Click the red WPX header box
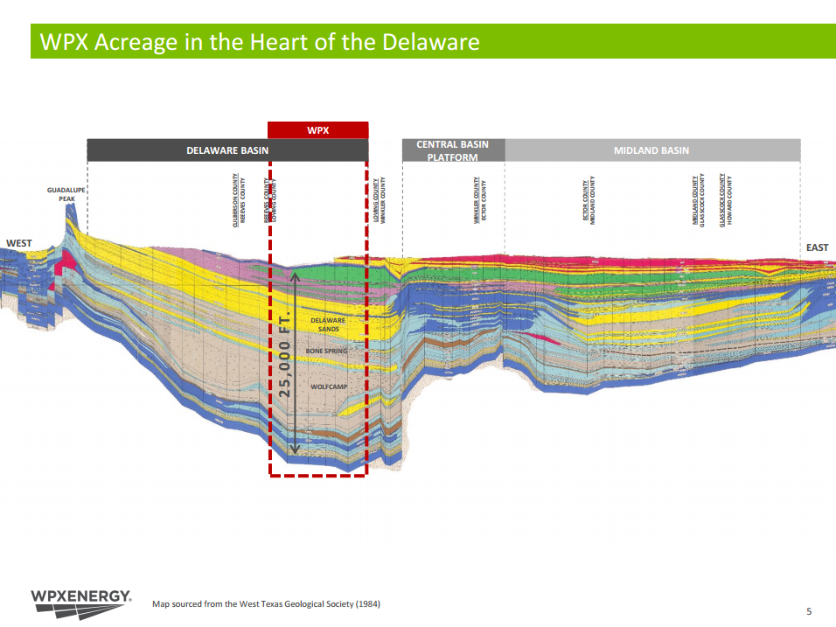click(x=317, y=130)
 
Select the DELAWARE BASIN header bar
click(x=227, y=150)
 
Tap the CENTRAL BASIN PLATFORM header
click(x=453, y=150)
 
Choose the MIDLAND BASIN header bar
click(x=651, y=150)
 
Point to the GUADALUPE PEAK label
click(x=61, y=194)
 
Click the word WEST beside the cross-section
click(x=19, y=243)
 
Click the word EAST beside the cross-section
click(x=817, y=247)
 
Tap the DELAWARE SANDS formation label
click(x=328, y=324)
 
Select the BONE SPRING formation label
click(x=327, y=351)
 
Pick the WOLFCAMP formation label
click(x=330, y=386)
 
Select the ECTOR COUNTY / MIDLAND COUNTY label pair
click(x=589, y=203)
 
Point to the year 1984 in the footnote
click(x=368, y=603)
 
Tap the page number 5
click(x=809, y=611)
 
